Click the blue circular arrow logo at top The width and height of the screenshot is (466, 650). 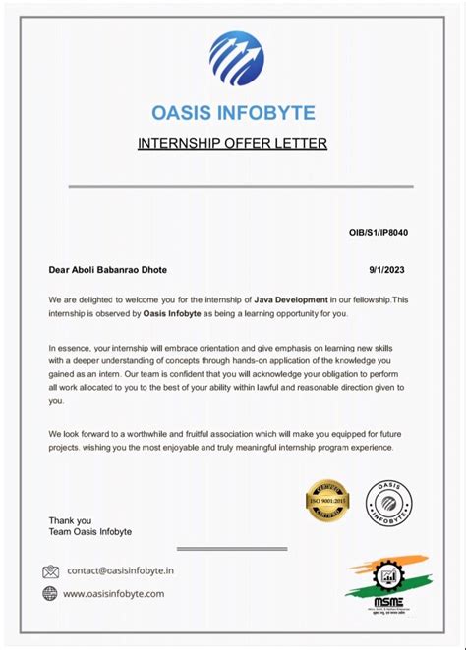coord(236,58)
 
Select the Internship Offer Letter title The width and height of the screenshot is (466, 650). coord(232,144)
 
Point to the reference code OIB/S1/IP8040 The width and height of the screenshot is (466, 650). coord(379,233)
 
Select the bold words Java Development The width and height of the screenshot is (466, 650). coord(290,299)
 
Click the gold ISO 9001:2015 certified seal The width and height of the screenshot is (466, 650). coord(328,501)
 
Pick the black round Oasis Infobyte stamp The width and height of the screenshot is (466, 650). coord(389,501)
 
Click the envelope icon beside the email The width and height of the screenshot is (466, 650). coord(51,570)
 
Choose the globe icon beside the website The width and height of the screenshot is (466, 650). coord(50,593)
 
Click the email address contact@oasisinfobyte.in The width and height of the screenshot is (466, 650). coord(121,570)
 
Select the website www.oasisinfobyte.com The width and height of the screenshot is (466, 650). coord(114,593)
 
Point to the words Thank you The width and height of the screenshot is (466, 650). coord(70,520)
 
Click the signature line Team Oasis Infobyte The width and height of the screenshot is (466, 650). coord(90,532)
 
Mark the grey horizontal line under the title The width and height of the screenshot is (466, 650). coord(232,185)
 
